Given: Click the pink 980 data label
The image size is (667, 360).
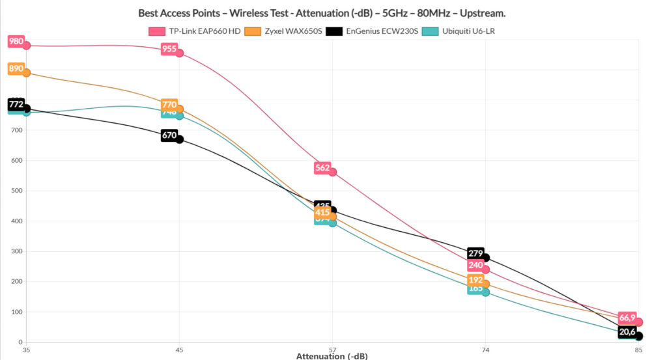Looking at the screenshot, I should [16, 42].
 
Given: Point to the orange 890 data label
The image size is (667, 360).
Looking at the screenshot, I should [16, 68].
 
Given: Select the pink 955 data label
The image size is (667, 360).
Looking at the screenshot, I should [169, 49].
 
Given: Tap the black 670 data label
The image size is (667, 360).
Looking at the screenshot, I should [169, 135].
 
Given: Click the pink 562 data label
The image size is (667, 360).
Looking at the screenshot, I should [322, 168].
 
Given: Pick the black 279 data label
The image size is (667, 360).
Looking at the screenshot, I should [475, 253].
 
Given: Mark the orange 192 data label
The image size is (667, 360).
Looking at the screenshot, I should [475, 280].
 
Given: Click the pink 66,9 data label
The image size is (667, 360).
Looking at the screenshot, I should [627, 318].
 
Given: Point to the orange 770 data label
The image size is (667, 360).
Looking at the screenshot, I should [169, 105].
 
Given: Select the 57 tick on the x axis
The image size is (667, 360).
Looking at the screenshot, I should [332, 350].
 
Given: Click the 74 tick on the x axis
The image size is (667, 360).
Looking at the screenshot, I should [485, 350].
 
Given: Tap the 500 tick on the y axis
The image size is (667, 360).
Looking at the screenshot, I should [17, 191].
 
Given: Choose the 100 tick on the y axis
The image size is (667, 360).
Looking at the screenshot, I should [17, 312].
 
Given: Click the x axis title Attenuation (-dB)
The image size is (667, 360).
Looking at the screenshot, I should [332, 356].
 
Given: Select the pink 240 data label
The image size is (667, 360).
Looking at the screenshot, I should [475, 266].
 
